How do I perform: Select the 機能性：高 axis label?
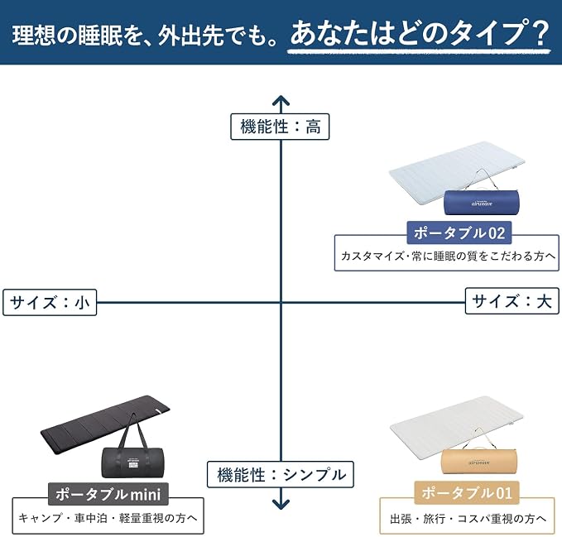(280, 127)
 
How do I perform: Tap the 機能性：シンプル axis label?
(281, 474)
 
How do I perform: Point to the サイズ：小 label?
(50, 302)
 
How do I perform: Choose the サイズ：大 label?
(512, 301)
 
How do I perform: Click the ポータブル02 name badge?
(459, 233)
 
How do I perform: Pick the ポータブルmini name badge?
(108, 494)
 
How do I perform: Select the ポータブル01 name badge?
(467, 493)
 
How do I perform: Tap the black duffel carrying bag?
(132, 463)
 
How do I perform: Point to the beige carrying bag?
(479, 462)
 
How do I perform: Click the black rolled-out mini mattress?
(105, 424)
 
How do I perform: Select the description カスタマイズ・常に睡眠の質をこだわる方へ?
(448, 257)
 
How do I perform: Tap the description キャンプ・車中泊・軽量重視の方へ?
(108, 518)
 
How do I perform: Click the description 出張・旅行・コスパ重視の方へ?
(468, 518)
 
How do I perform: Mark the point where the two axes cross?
(281, 302)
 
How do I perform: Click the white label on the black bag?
(132, 463)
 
